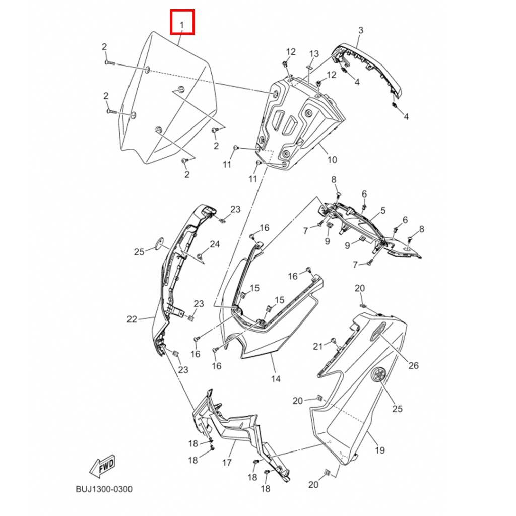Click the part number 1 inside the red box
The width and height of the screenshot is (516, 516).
click(x=182, y=24)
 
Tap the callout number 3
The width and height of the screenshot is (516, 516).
click(x=361, y=30)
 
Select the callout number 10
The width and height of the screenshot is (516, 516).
click(x=332, y=160)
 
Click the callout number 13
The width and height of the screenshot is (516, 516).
click(x=314, y=53)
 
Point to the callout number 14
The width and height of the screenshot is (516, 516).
click(x=276, y=379)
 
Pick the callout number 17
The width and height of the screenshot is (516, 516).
click(x=227, y=463)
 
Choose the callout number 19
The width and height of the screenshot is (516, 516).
click(x=380, y=450)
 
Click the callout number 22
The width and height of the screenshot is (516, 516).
click(x=132, y=319)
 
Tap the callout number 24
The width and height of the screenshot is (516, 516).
click(x=215, y=244)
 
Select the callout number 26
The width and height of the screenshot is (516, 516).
click(x=413, y=365)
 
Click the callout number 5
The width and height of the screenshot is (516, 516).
click(x=383, y=210)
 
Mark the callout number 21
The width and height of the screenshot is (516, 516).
click(x=317, y=346)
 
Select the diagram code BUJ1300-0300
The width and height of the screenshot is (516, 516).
click(x=104, y=489)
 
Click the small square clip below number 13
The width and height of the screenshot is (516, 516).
click(x=309, y=67)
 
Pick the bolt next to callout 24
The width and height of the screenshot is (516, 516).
click(x=200, y=255)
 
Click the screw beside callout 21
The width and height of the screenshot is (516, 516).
click(x=333, y=340)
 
